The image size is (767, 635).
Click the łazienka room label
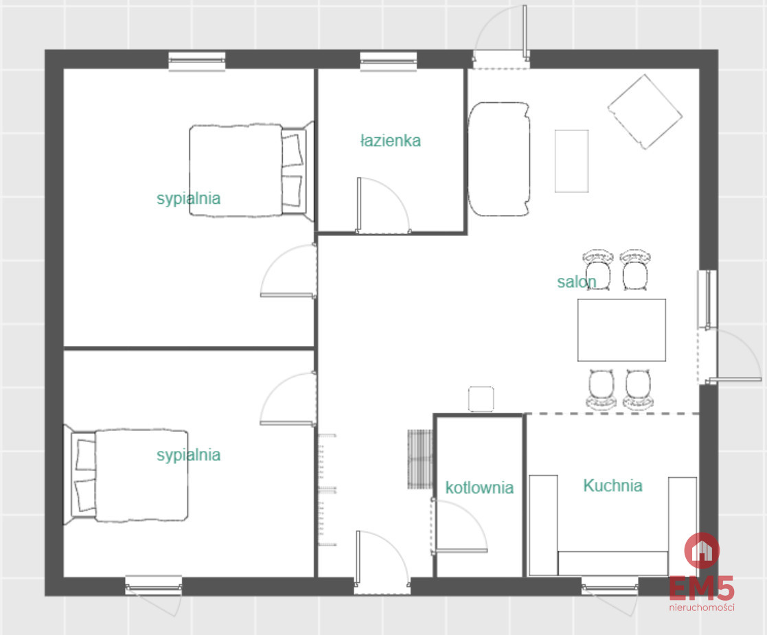point(390,141)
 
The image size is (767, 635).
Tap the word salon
point(577,281)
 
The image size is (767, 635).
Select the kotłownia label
point(479,487)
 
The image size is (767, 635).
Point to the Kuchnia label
point(613,485)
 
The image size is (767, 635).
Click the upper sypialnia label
point(188,198)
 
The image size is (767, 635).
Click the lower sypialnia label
point(188,455)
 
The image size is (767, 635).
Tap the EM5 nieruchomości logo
point(702,573)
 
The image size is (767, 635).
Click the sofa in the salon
point(499,159)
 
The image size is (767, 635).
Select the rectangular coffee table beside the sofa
point(572,161)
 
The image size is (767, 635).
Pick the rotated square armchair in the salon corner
point(645,112)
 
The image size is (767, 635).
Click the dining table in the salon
point(621,330)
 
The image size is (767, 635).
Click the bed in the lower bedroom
point(126,475)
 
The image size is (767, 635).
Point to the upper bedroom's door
point(288,270)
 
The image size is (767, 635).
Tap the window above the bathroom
point(389,62)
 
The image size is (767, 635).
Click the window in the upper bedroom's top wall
point(197,62)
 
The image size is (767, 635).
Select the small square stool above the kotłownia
point(481,400)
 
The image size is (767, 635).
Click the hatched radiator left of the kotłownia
point(420,459)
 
